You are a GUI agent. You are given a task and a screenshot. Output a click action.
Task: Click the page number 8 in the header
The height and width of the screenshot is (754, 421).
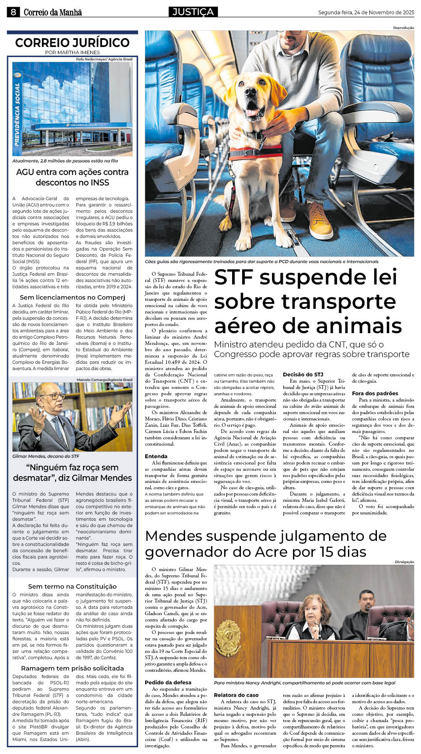13,12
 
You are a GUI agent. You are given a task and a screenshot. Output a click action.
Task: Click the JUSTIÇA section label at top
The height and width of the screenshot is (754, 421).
193,12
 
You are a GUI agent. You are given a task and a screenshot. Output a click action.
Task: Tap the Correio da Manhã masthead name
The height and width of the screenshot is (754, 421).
52,13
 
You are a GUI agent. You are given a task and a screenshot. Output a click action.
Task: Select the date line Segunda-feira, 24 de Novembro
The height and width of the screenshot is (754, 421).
366,13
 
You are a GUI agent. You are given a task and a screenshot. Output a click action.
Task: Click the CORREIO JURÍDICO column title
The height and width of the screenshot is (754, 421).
72,43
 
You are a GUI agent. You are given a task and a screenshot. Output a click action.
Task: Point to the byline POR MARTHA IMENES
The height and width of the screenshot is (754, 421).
72,52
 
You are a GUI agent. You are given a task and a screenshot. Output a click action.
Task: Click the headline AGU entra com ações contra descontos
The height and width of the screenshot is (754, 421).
72,177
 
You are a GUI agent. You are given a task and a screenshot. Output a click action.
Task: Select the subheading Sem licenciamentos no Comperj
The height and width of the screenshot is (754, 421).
72,297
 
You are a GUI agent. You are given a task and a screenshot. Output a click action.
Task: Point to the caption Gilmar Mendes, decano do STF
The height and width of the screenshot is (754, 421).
46,456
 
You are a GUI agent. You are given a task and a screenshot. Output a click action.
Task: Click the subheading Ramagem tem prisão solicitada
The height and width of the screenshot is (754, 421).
72,668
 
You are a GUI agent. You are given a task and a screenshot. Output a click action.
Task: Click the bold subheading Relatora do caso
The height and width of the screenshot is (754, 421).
236,695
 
